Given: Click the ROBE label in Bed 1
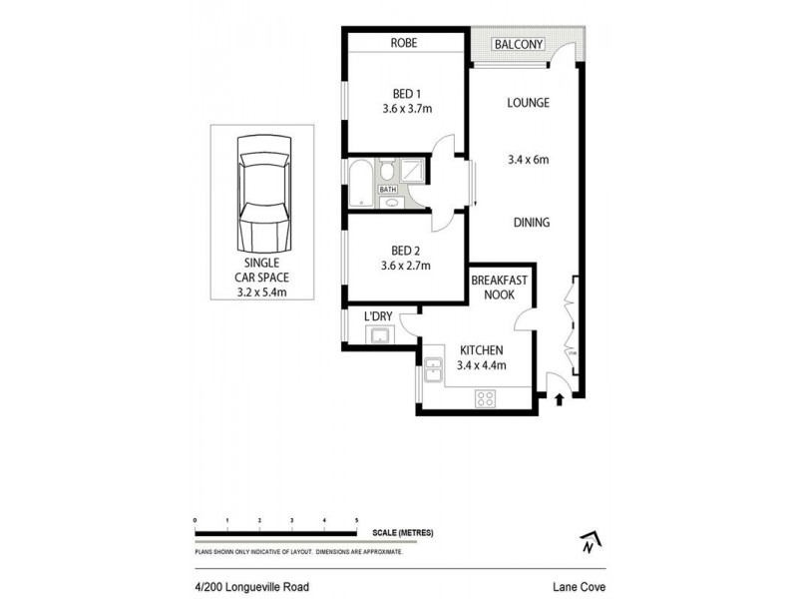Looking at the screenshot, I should pos(404,44).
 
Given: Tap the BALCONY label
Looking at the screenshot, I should pos(517,44).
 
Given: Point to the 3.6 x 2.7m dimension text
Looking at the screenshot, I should pos(404,267).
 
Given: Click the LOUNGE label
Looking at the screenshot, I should pos(528,103).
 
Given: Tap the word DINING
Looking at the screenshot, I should pos(531,223).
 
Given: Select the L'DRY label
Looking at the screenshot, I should pos(377,316).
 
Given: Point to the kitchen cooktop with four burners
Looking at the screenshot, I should pos(486,398).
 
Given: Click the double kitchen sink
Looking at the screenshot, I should pos(432,372).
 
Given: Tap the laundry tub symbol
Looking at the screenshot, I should pos(378,335).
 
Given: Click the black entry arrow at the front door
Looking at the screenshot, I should pos(559,400).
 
